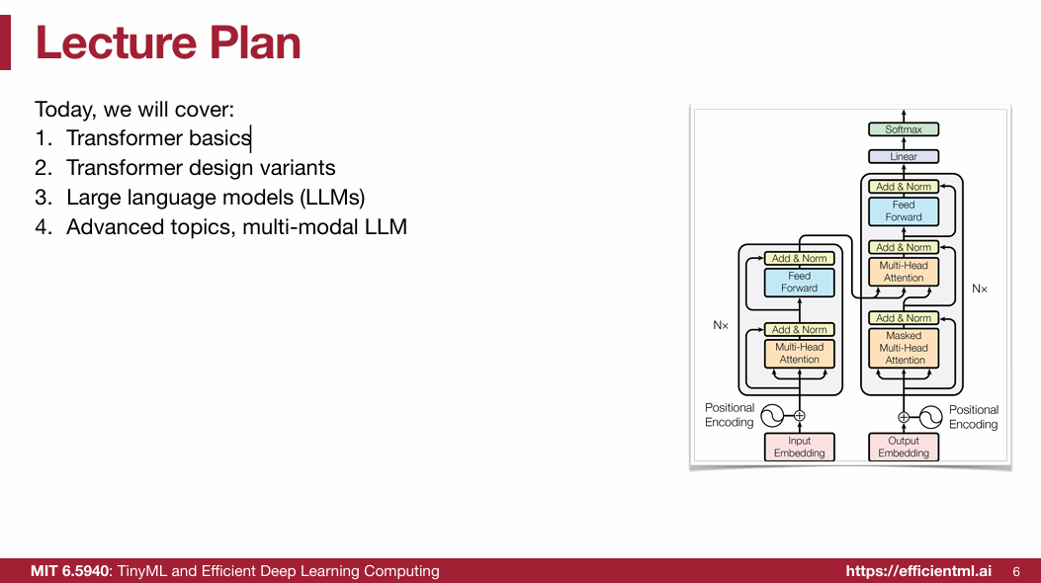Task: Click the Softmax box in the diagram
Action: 904,129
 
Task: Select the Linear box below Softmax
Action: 904,156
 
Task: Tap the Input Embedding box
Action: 799,447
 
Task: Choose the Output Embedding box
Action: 904,447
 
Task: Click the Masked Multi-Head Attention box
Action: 904,348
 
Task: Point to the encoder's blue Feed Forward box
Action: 799,282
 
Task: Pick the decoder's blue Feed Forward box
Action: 904,210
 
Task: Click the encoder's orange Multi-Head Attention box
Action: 799,353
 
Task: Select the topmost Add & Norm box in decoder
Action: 904,187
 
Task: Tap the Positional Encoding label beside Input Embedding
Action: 730,415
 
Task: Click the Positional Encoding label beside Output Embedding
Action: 973,417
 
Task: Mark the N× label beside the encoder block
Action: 721,324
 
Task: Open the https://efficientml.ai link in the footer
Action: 918,571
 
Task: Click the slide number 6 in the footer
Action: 1016,571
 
